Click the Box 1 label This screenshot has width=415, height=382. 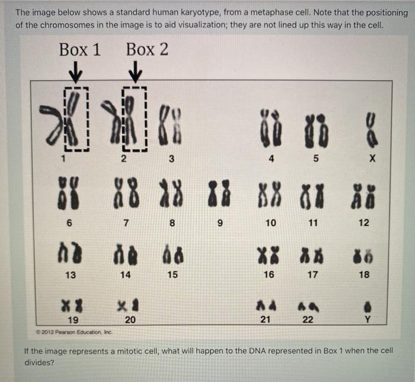click(x=80, y=50)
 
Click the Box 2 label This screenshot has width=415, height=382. click(x=147, y=50)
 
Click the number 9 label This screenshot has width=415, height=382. click(x=219, y=223)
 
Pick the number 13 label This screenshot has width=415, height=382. click(x=71, y=275)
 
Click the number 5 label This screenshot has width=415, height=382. click(x=316, y=159)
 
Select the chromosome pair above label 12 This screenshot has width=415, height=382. click(x=364, y=198)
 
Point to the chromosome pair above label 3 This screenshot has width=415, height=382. click(x=170, y=123)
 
